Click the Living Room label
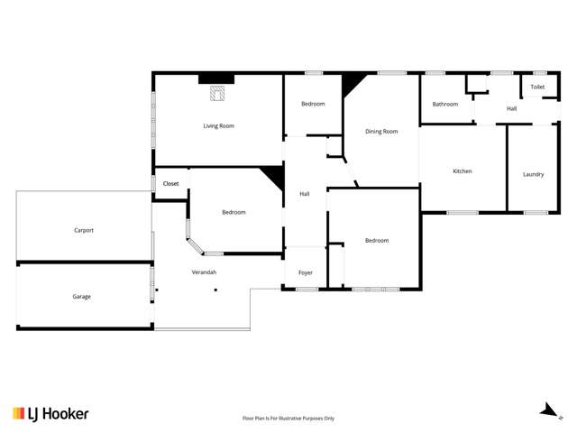(x=218, y=125)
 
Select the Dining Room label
(x=381, y=132)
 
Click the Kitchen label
(x=463, y=170)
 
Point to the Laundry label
(x=533, y=174)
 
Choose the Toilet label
(x=537, y=87)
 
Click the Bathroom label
(x=445, y=104)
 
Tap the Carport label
(x=84, y=230)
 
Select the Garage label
(x=82, y=296)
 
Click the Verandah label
(x=204, y=272)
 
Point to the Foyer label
(x=306, y=272)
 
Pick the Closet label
(x=171, y=184)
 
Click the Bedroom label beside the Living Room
(x=313, y=104)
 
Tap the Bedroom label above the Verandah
(x=234, y=212)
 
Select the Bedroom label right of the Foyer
(x=377, y=240)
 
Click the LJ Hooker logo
(x=50, y=413)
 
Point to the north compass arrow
(x=547, y=411)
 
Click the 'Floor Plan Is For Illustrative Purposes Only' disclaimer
(x=288, y=419)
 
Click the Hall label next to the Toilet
(x=512, y=108)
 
